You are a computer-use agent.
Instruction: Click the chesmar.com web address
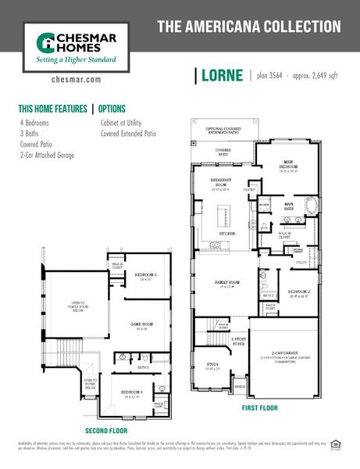pyautogui.click(x=77, y=79)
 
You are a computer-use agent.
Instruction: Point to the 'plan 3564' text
pyautogui.click(x=269, y=76)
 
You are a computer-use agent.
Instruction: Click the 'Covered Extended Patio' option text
pyautogui.click(x=128, y=134)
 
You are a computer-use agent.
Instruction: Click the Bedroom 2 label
pyautogui.click(x=298, y=292)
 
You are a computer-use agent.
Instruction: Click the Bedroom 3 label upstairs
pyautogui.click(x=146, y=275)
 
